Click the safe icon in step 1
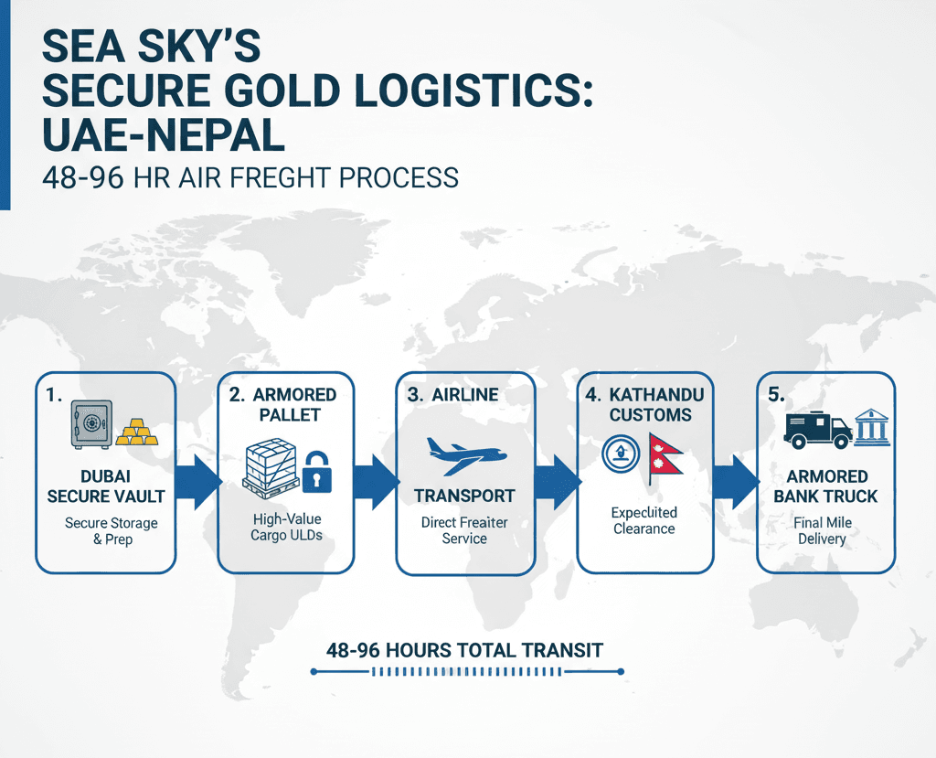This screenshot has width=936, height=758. tap(90, 423)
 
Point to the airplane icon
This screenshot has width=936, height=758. tap(465, 454)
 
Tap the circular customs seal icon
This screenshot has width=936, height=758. tap(621, 453)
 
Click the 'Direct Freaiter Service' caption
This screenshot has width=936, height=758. tap(464, 530)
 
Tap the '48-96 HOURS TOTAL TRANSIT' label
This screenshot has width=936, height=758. tap(465, 650)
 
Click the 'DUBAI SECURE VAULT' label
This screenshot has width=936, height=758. tap(106, 486)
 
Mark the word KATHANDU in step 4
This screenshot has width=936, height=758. tap(654, 394)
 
